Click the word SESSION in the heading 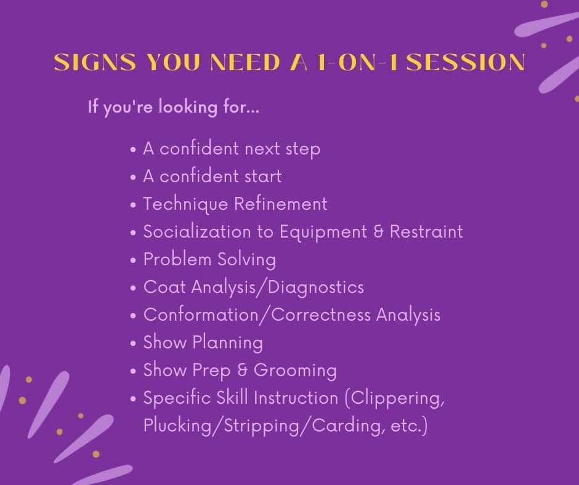(468, 62)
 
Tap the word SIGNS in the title (95, 62)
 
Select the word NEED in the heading (245, 62)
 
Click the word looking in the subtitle (188, 108)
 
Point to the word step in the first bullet (303, 149)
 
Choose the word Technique (185, 204)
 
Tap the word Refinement (281, 204)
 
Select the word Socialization (197, 232)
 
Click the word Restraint (426, 232)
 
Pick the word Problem (177, 259)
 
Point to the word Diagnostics (316, 287)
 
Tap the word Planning (227, 343)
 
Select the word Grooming (295, 371)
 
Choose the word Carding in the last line (346, 425)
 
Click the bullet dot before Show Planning (133, 343)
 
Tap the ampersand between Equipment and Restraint (378, 232)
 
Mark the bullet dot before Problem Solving (133, 260)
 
